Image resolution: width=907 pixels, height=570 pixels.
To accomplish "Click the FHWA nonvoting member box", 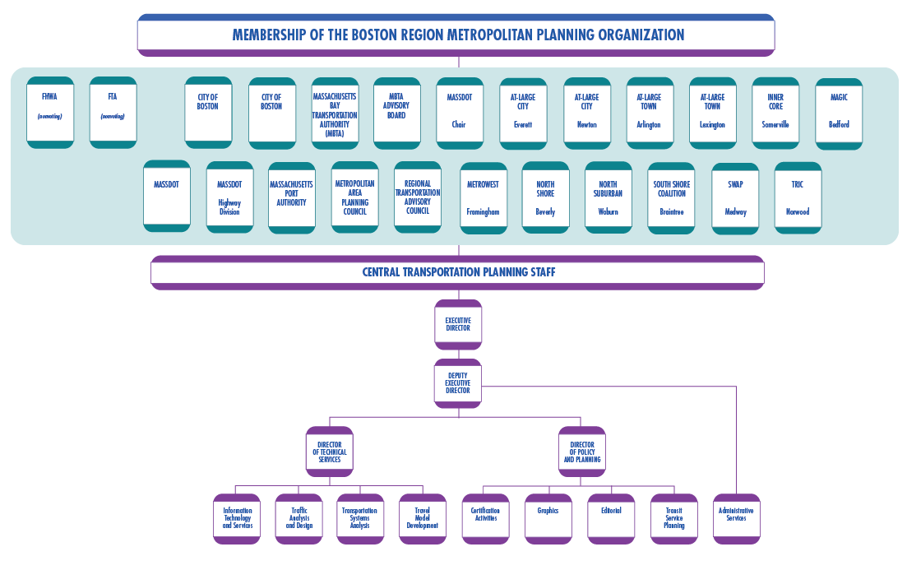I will point(50,113).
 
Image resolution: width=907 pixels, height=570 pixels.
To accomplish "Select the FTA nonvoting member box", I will point(113,113).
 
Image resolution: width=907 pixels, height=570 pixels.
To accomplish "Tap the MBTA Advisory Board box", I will point(397,113).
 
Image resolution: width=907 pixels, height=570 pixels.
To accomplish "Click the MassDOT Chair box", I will point(459,113).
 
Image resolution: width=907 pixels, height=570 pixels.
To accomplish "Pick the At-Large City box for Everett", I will point(523,113).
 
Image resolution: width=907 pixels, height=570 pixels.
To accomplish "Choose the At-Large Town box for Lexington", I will point(712,113).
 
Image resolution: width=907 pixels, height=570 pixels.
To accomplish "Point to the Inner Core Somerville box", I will point(775,113).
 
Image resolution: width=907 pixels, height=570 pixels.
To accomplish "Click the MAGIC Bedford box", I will point(839,113).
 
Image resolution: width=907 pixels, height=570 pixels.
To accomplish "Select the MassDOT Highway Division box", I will point(229,197).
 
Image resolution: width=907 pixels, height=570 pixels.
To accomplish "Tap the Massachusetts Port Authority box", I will point(292,197).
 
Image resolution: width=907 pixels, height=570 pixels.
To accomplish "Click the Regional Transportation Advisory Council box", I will point(418,197).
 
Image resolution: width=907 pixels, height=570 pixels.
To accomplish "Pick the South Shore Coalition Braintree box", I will point(671,197).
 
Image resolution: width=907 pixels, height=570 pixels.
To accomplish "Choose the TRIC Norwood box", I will point(798,197).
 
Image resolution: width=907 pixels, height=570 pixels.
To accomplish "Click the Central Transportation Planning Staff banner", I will point(458,272).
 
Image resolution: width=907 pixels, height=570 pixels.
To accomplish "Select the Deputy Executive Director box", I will point(458,384).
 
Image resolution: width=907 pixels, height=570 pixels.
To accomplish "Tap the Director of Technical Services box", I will point(329,452).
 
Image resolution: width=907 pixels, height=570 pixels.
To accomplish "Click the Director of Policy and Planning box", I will point(581,452).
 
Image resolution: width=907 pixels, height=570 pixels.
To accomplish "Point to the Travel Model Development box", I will point(422,519).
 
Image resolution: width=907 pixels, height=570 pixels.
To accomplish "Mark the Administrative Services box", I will point(736,519).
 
